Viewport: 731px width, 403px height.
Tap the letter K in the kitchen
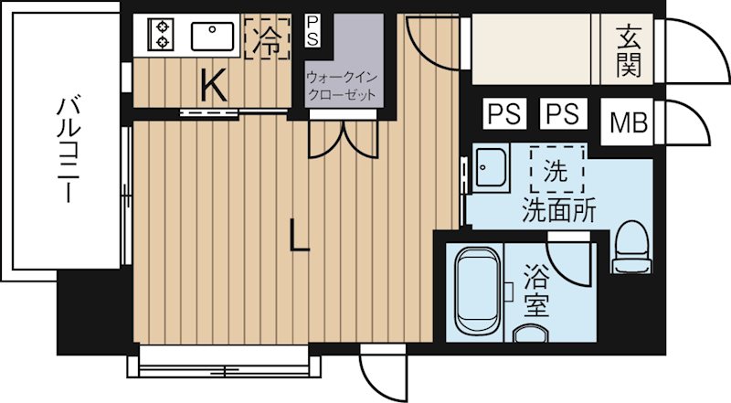(212, 86)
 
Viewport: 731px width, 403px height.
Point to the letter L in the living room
(298, 236)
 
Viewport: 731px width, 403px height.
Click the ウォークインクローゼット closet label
(342, 86)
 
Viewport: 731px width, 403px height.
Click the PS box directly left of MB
(563, 115)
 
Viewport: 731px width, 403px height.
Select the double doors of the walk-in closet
(343, 139)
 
